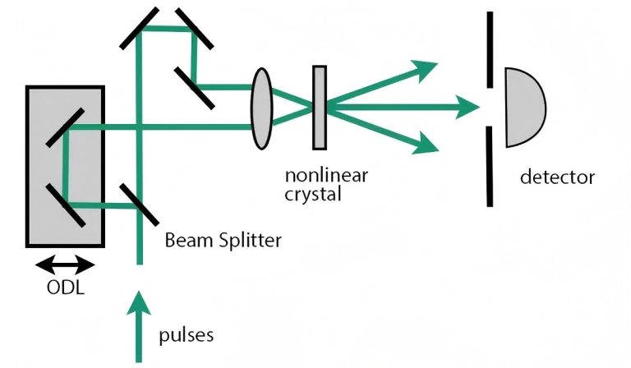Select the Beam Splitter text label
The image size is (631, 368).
coord(223,241)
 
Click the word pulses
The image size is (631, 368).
coord(188,335)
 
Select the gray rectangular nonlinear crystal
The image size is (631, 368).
coord(320,108)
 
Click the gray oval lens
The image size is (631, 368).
coord(261,107)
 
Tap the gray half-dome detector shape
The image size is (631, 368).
coord(523,108)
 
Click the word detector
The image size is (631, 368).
coord(557,177)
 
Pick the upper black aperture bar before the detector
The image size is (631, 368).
coord(490,49)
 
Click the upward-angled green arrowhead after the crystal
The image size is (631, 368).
coord(426,71)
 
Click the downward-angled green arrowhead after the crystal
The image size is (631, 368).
coord(426,145)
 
